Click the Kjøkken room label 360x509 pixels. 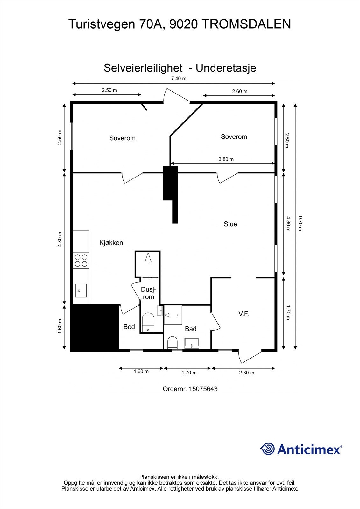pyautogui.click(x=111, y=243)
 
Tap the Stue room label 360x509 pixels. pyautogui.click(x=230, y=224)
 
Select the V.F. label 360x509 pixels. pyautogui.click(x=244, y=314)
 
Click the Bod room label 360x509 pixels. pyautogui.click(x=129, y=327)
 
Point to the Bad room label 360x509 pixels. pyautogui.click(x=191, y=329)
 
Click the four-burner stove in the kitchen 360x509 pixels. pyautogui.click(x=81, y=261)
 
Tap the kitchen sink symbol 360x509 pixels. pyautogui.click(x=81, y=290)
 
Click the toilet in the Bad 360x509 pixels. pyautogui.click(x=172, y=342)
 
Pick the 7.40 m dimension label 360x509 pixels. pyautogui.click(x=179, y=79)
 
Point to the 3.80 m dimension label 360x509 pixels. pyautogui.click(x=226, y=159)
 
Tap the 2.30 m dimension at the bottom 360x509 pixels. pyautogui.click(x=246, y=373)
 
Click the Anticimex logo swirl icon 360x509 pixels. pyautogui.click(x=268, y=449)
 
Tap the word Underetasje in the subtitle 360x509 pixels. pyautogui.click(x=226, y=68)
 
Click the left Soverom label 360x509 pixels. pyautogui.click(x=122, y=138)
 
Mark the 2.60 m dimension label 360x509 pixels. pyautogui.click(x=239, y=91)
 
